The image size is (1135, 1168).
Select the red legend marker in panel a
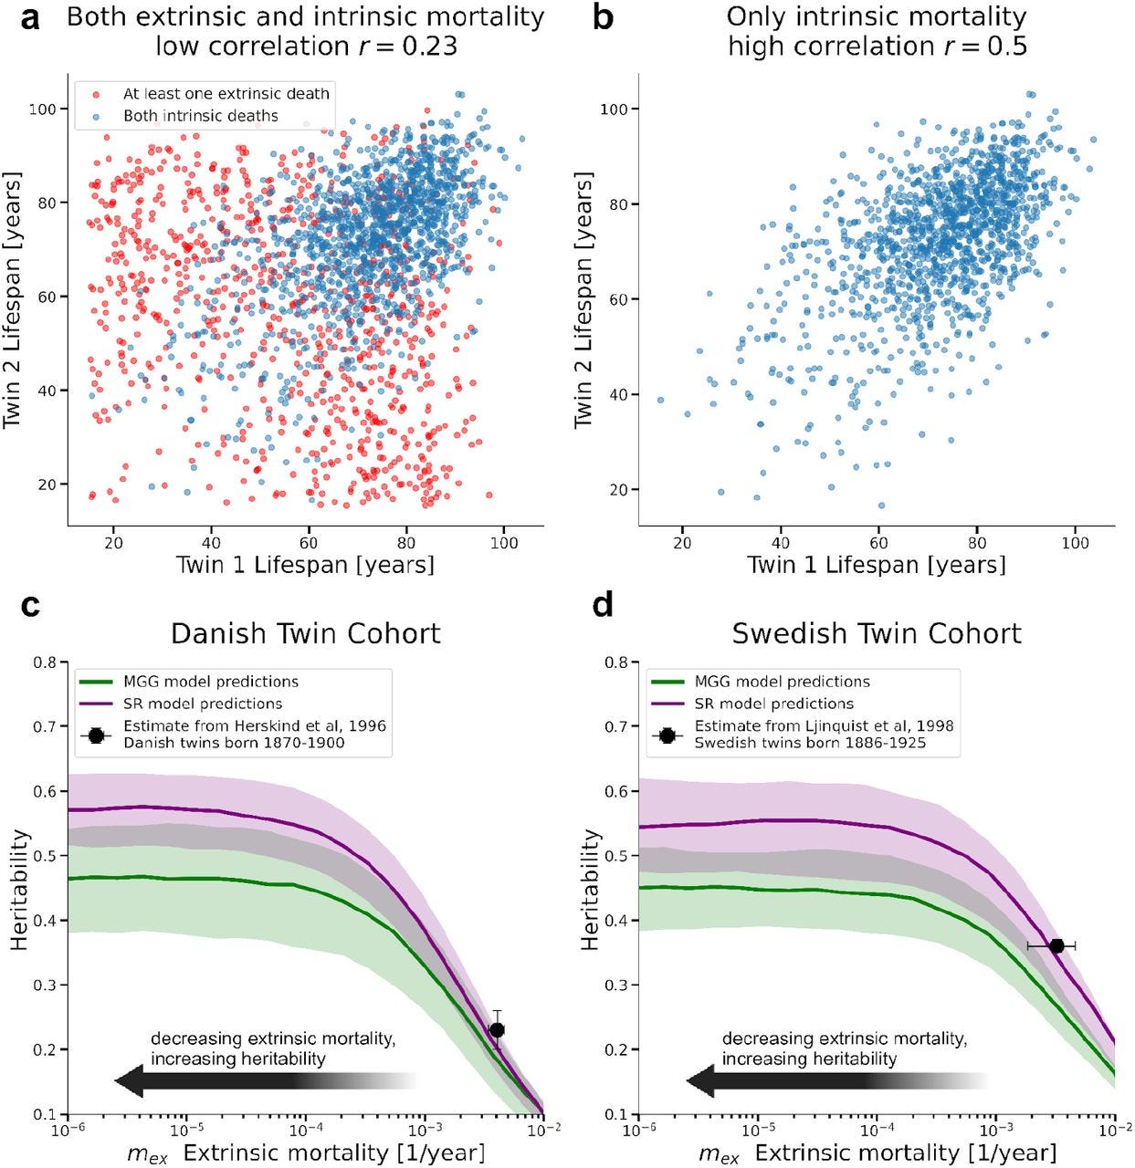[x=95, y=93]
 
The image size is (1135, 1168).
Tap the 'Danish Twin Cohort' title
[x=306, y=632]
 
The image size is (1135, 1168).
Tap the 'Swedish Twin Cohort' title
[x=877, y=632]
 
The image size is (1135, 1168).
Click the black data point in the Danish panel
[x=497, y=1029]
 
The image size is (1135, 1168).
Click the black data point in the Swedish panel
[x=1056, y=945]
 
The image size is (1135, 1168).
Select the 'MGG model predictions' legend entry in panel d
[x=782, y=682]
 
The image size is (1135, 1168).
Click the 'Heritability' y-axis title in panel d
[x=591, y=890]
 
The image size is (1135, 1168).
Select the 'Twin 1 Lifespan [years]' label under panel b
[x=876, y=565]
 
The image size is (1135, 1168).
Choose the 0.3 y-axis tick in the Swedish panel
[x=615, y=985]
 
